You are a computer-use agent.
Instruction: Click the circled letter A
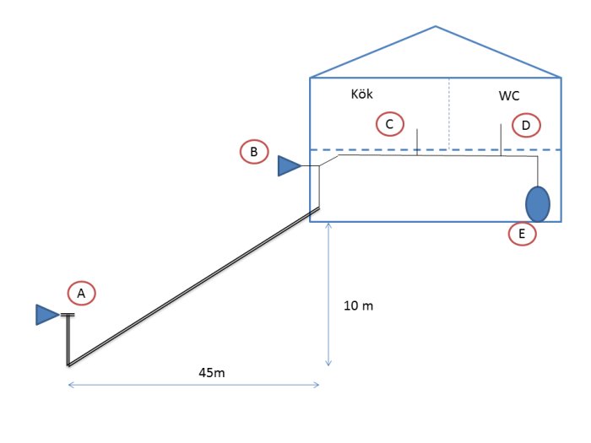[81, 293]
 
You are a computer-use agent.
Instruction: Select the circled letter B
[254, 152]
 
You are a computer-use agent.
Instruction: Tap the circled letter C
[390, 124]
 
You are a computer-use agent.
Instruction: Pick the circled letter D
[526, 125]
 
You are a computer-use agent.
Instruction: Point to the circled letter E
[522, 234]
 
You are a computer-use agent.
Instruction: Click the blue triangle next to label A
[47, 315]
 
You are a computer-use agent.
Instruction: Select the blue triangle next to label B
[289, 165]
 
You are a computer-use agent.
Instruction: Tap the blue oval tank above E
[538, 204]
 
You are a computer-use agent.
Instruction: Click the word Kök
[362, 94]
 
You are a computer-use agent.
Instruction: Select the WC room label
[509, 95]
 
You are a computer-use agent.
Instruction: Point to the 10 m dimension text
[359, 305]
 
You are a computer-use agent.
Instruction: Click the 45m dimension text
[212, 373]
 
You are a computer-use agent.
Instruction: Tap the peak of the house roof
[436, 26]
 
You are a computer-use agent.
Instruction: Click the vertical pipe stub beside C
[417, 142]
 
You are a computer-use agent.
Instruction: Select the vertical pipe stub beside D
[501, 140]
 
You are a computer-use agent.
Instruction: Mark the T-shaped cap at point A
[68, 315]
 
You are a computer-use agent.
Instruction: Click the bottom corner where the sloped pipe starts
[68, 365]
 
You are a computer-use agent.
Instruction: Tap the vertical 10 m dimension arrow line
[328, 294]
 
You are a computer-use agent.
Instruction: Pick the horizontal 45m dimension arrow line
[193, 385]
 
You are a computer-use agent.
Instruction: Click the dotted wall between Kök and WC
[449, 114]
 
